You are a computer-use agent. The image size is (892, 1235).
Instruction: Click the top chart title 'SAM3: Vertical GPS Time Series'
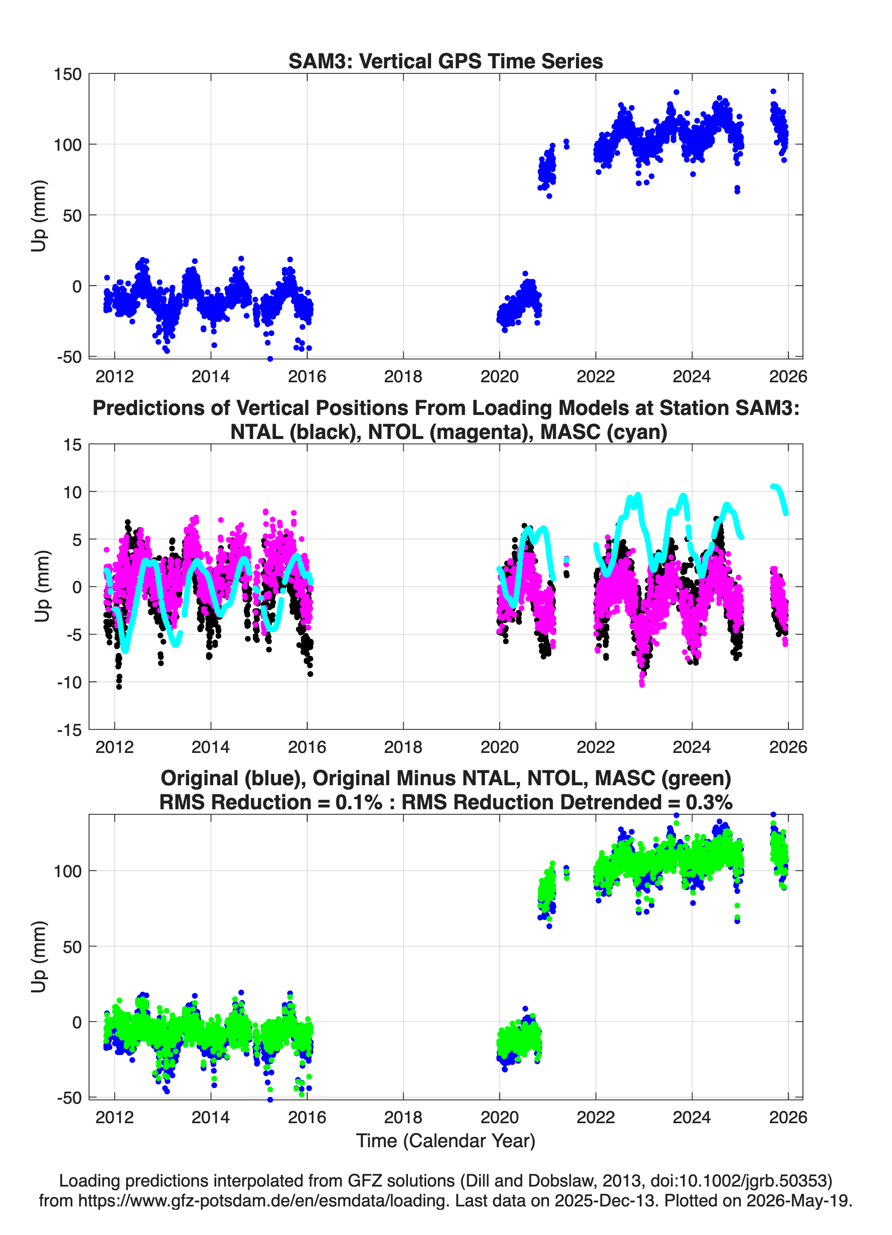click(x=446, y=61)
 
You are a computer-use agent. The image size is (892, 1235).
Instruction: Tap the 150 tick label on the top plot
click(x=68, y=74)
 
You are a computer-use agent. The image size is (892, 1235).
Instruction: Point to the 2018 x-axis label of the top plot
click(x=403, y=376)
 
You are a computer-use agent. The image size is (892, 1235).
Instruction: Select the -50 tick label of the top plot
click(x=69, y=357)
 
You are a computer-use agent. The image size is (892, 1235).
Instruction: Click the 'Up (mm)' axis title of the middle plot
click(x=41, y=586)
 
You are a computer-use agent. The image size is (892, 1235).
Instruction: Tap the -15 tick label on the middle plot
click(x=69, y=730)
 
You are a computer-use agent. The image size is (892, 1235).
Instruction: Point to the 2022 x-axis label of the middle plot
click(x=596, y=747)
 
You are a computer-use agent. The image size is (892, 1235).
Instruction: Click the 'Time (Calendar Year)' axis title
click(x=446, y=1141)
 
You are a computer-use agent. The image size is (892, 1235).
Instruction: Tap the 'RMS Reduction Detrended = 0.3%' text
click(x=567, y=802)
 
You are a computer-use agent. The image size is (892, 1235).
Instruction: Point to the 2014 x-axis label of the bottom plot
click(x=211, y=1117)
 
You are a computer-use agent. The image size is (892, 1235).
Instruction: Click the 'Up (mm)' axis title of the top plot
click(x=38, y=216)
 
